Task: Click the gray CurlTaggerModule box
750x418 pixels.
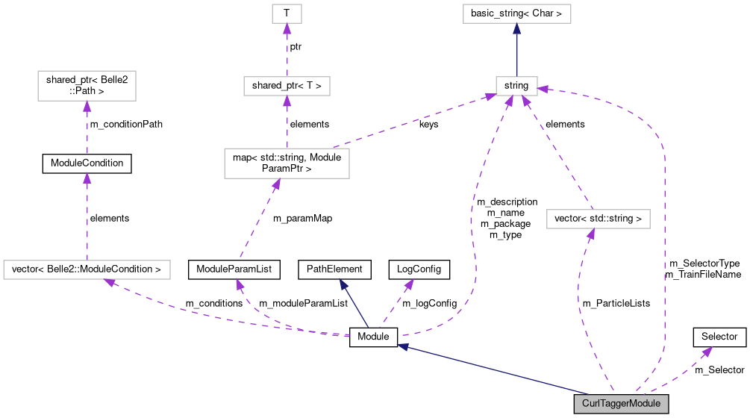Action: [621, 404]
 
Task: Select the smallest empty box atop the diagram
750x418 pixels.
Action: [287, 13]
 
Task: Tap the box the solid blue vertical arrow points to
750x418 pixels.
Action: [516, 13]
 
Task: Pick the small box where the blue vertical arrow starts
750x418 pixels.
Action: [516, 86]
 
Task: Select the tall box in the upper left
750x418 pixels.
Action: [87, 86]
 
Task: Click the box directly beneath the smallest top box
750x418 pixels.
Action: [287, 86]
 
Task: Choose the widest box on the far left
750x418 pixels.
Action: [87, 269]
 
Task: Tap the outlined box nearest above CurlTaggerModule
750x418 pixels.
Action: [598, 219]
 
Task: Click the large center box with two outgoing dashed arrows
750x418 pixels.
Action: [287, 163]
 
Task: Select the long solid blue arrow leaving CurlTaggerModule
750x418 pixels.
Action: [493, 369]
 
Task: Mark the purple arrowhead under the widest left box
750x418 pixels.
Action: [109, 282]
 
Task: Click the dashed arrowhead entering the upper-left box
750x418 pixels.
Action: [87, 107]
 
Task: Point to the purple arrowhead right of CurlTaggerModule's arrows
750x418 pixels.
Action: [707, 351]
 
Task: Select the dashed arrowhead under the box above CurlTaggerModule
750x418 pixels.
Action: [591, 234]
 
